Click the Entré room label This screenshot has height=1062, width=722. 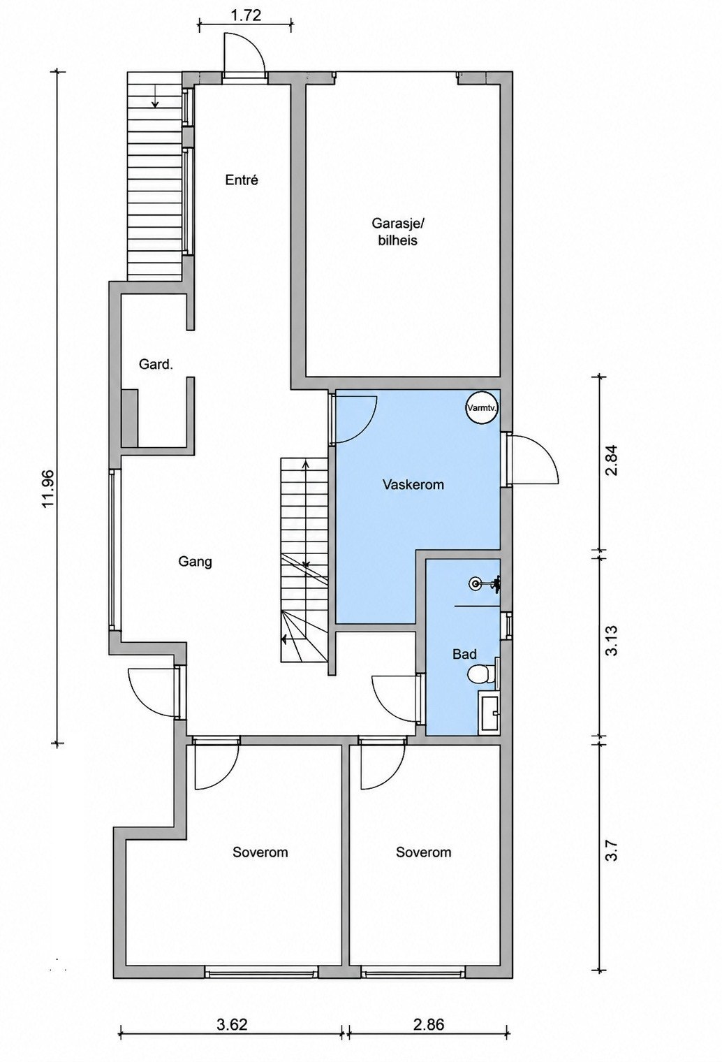(242, 180)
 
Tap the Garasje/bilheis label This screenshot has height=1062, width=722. (394, 231)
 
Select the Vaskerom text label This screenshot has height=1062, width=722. (413, 485)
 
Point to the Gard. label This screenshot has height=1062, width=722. (156, 364)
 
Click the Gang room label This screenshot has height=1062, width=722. (195, 562)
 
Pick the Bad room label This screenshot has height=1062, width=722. (464, 654)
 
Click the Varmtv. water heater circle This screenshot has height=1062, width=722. (482, 407)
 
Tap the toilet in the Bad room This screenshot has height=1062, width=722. (482, 674)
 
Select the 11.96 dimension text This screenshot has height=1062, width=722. (50, 488)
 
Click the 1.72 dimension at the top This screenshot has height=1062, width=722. (246, 15)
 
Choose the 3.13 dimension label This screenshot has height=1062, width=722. (612, 641)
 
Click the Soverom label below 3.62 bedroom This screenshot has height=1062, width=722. (260, 852)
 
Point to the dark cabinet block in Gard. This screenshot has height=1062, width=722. (130, 418)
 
